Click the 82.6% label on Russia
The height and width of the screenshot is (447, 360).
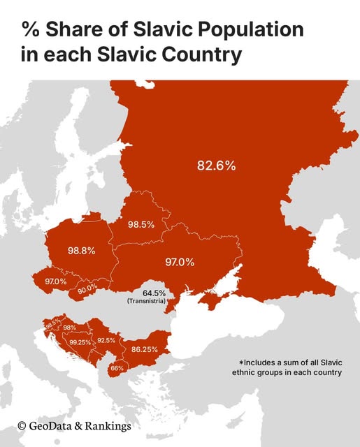216,166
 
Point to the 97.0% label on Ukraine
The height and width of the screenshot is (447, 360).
179,262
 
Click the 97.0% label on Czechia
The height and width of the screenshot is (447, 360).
55,281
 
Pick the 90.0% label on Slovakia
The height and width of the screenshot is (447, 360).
87,288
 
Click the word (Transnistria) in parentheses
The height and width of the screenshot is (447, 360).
146,301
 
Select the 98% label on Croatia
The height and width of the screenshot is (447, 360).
70,328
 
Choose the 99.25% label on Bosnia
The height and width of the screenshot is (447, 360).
80,343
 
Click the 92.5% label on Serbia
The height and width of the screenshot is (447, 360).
106,340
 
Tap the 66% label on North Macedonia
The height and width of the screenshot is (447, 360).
117,368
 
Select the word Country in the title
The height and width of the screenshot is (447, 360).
203,54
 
